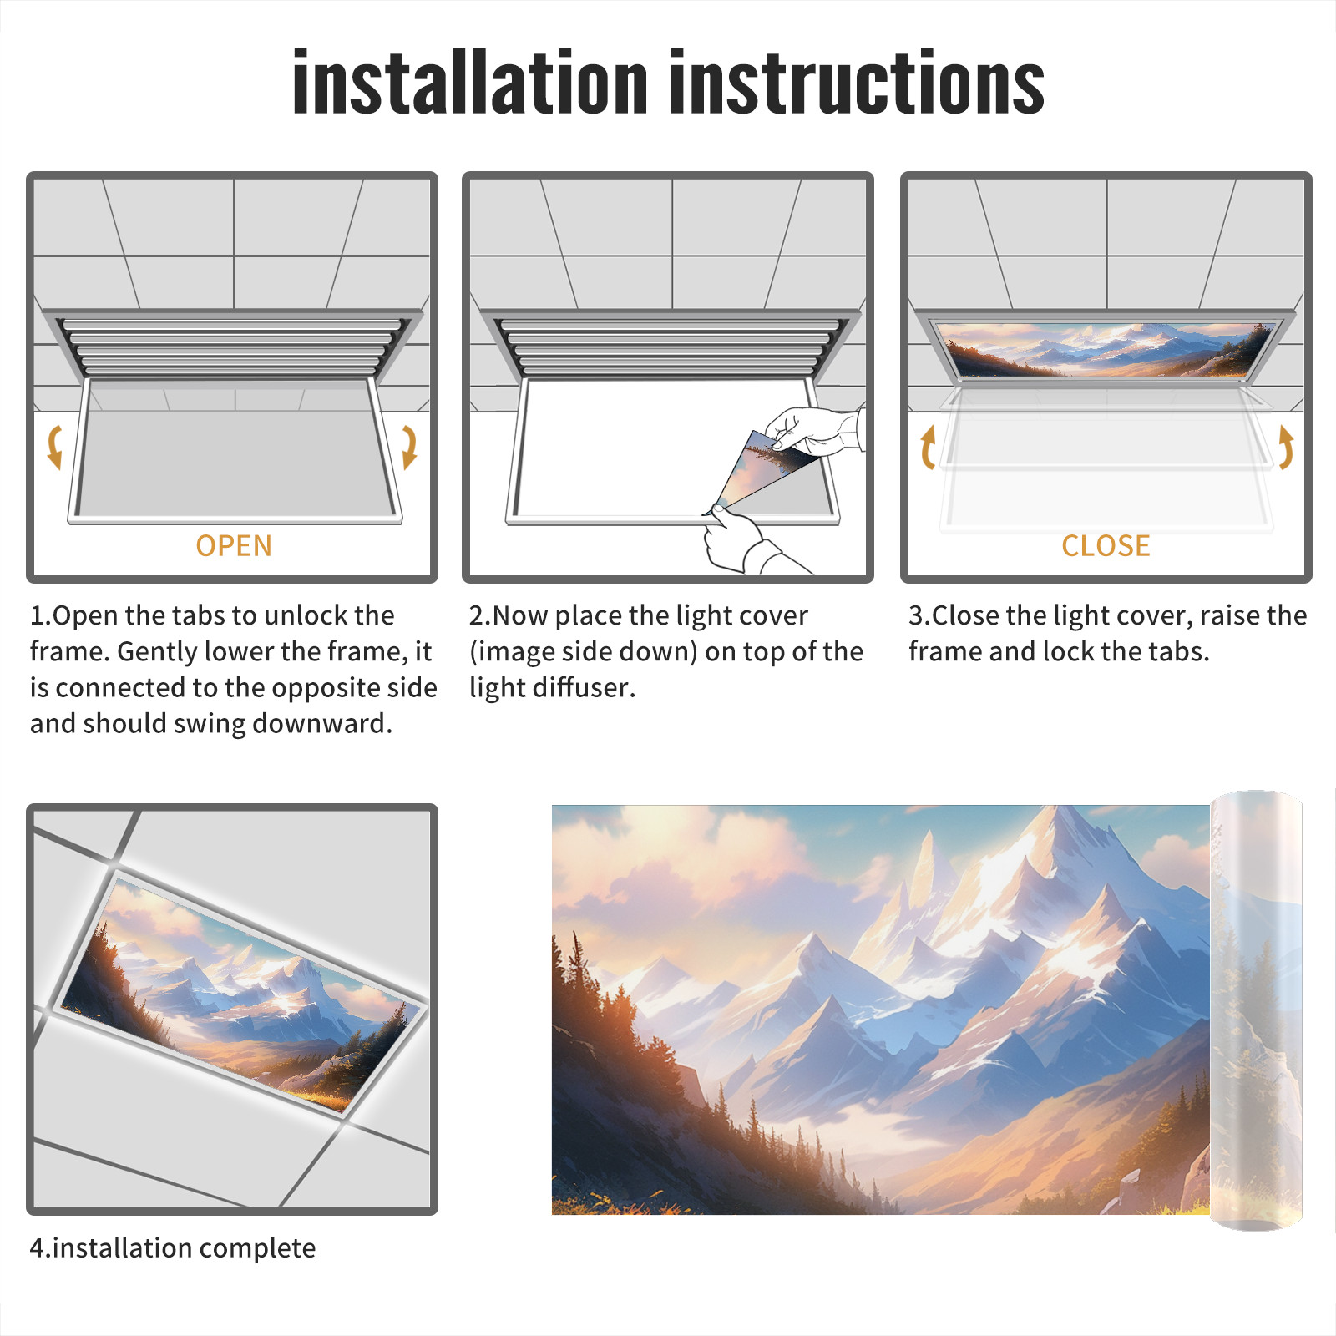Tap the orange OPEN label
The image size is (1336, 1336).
[x=234, y=546]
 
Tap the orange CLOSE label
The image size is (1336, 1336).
[x=1106, y=546]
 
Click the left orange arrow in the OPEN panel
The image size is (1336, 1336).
[x=55, y=447]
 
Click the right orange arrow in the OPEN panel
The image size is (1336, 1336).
[x=409, y=447]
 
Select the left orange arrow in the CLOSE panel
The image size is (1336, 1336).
[x=928, y=447]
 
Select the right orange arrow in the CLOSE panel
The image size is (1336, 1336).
[x=1286, y=447]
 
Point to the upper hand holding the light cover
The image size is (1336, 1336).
[x=814, y=430]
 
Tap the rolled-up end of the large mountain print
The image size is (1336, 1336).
[x=1256, y=1010]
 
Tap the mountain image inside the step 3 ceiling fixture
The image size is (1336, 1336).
[x=1106, y=349]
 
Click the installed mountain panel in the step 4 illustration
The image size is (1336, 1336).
[x=242, y=994]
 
